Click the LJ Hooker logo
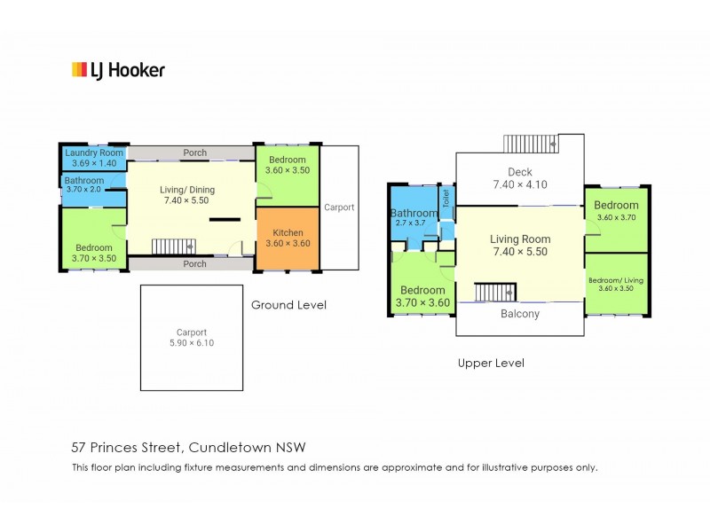point(118,70)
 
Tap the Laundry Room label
point(94,153)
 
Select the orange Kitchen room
point(288,239)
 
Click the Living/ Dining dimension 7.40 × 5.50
point(186,200)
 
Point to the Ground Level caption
point(289,305)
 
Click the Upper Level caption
point(491,363)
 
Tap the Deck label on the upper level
point(520,172)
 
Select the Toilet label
point(446,199)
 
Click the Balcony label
point(520,314)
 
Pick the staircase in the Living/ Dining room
point(174,246)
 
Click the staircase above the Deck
point(531,144)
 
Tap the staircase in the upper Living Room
point(495,293)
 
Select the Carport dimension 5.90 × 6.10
point(192,343)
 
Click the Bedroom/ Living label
point(616,280)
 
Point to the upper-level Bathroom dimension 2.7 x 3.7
point(410,223)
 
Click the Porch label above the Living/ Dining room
point(194,153)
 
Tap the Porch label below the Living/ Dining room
point(194,263)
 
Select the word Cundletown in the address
point(230,448)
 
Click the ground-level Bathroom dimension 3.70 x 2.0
point(83,189)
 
